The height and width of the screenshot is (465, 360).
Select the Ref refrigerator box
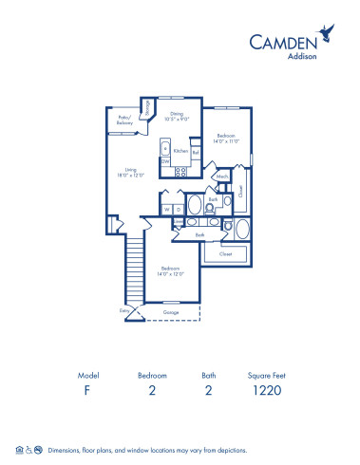point(196,153)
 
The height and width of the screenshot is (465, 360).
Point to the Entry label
point(123,309)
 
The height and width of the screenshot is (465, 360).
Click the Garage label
point(171,310)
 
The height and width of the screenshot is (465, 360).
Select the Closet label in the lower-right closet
point(225,254)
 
